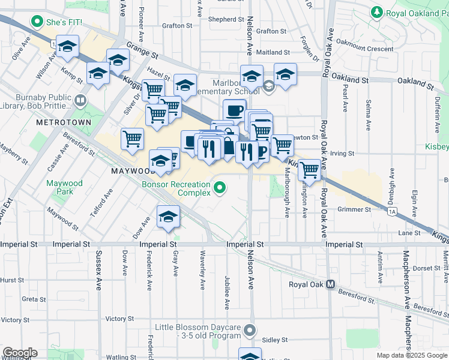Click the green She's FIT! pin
click(37, 24)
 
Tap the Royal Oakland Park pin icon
click(376, 11)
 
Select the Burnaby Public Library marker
click(80, 100)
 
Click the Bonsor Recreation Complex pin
click(220, 189)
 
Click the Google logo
click(19, 353)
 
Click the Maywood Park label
click(65, 187)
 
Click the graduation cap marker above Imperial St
click(168, 217)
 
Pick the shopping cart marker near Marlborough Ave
click(309, 170)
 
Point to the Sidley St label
click(275, 340)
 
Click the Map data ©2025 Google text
click(412, 355)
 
